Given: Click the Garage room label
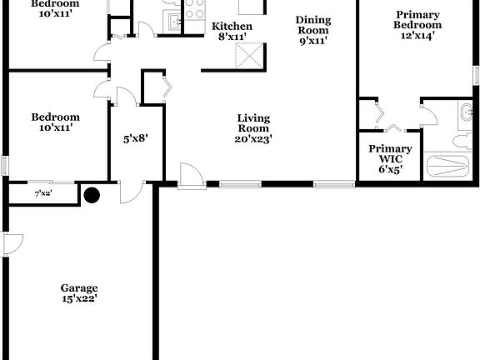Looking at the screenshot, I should (78, 287).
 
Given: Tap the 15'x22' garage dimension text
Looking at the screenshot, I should (78, 298).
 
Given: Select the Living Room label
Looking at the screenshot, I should (252, 122).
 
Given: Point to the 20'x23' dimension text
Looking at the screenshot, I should (252, 139).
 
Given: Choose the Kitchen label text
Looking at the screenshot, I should (232, 26).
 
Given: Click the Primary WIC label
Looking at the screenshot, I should (390, 154).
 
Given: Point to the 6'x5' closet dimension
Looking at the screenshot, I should (390, 171).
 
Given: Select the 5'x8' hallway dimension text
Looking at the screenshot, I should (136, 139).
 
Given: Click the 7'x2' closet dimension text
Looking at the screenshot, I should (42, 193).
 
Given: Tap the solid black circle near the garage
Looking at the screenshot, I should (91, 196).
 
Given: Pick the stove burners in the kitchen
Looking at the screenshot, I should (195, 10).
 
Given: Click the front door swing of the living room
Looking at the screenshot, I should (189, 173).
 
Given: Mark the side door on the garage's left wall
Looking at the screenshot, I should (12, 246).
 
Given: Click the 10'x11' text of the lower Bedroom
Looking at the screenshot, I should (55, 128).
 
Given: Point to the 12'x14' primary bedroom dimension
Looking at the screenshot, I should (418, 36).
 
